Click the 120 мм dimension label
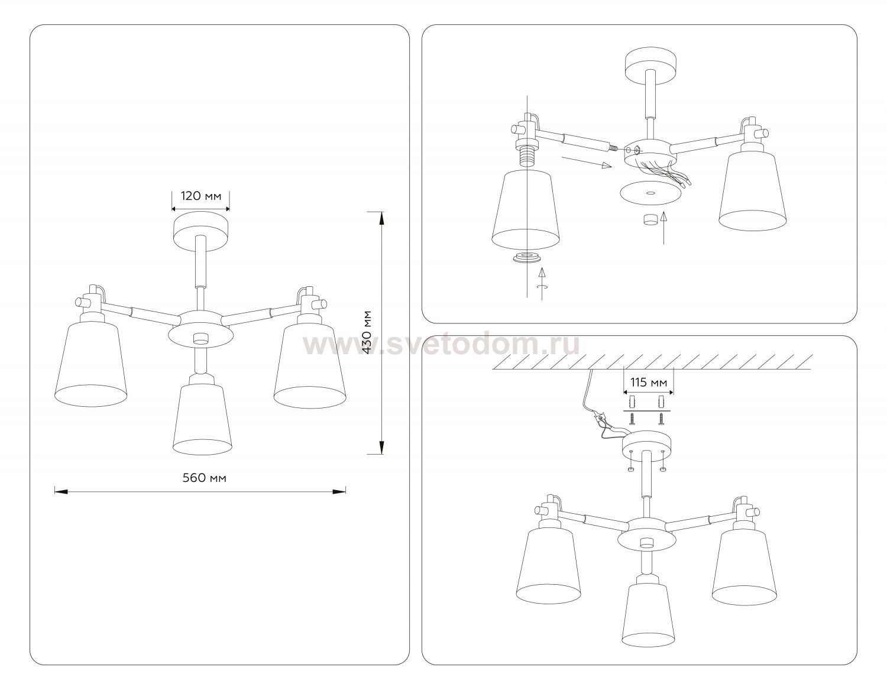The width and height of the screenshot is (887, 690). click(201, 196)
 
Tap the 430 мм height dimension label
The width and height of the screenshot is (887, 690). click(367, 332)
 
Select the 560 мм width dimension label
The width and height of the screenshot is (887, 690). click(204, 478)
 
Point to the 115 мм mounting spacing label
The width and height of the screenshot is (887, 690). click(649, 383)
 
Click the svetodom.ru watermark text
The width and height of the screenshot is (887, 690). click(441, 345)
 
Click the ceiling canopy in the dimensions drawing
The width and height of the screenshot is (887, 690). click(200, 231)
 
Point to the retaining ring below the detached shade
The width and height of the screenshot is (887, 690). click(528, 258)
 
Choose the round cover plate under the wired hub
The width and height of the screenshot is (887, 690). click(650, 192)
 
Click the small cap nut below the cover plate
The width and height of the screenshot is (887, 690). click(650, 219)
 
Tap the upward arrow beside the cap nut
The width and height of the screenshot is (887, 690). click(664, 228)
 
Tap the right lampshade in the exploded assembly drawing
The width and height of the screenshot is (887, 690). click(752, 192)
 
